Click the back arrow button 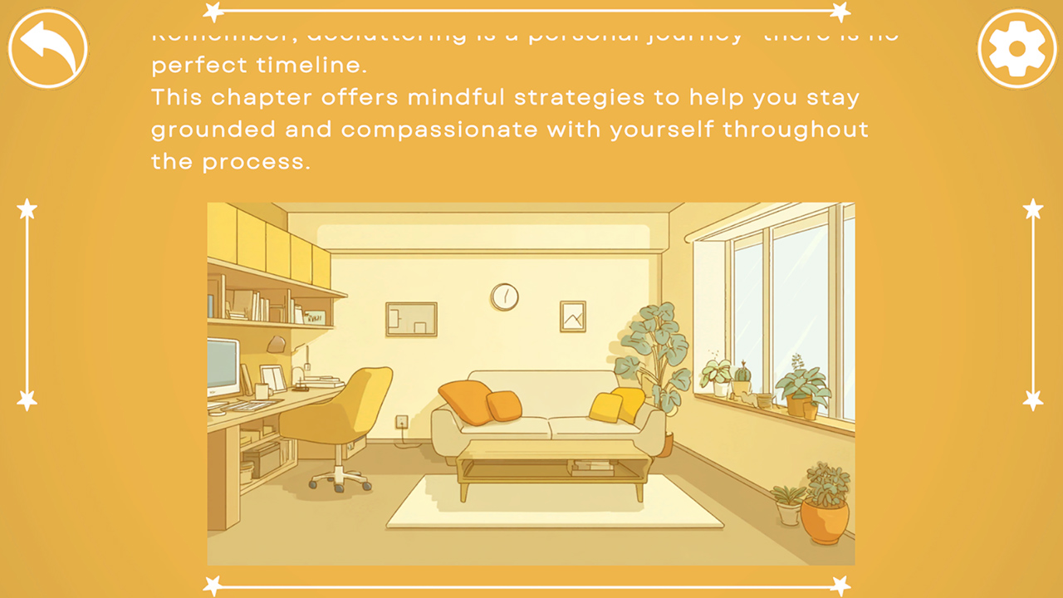47,48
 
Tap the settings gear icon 1016,48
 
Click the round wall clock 504,297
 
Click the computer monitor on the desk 222,368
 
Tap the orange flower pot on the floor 825,519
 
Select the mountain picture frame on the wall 573,316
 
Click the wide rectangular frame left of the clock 411,319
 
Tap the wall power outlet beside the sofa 402,422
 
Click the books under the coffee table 593,468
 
